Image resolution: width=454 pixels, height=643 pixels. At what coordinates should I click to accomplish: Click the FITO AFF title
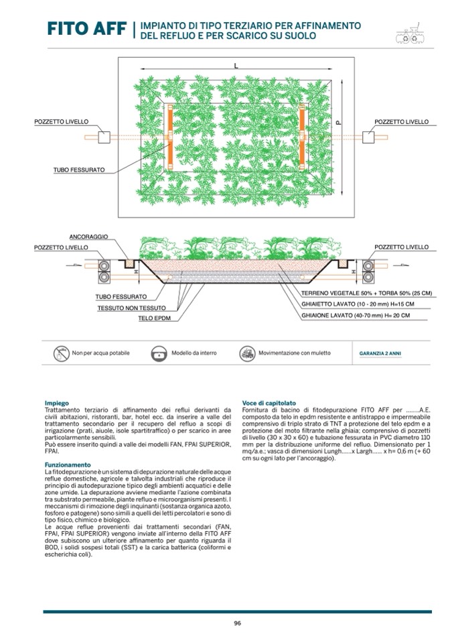86,29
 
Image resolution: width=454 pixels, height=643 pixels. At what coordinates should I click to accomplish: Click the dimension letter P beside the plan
339,122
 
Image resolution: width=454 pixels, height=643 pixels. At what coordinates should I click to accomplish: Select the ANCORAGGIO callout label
89,237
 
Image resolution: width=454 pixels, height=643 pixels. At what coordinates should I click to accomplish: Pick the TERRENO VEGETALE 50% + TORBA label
366,294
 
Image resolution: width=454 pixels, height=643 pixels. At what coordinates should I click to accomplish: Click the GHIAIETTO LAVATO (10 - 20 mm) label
358,304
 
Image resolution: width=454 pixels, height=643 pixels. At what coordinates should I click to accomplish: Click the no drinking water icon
62,353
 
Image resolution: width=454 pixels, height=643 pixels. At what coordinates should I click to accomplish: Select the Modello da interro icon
159,353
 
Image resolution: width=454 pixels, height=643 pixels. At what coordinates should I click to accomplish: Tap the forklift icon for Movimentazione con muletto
247,353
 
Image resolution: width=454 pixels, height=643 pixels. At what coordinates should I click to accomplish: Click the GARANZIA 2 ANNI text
380,353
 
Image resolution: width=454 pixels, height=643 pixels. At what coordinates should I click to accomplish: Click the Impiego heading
56,403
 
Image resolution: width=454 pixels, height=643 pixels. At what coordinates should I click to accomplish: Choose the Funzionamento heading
68,464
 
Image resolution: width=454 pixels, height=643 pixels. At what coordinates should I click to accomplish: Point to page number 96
237,623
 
